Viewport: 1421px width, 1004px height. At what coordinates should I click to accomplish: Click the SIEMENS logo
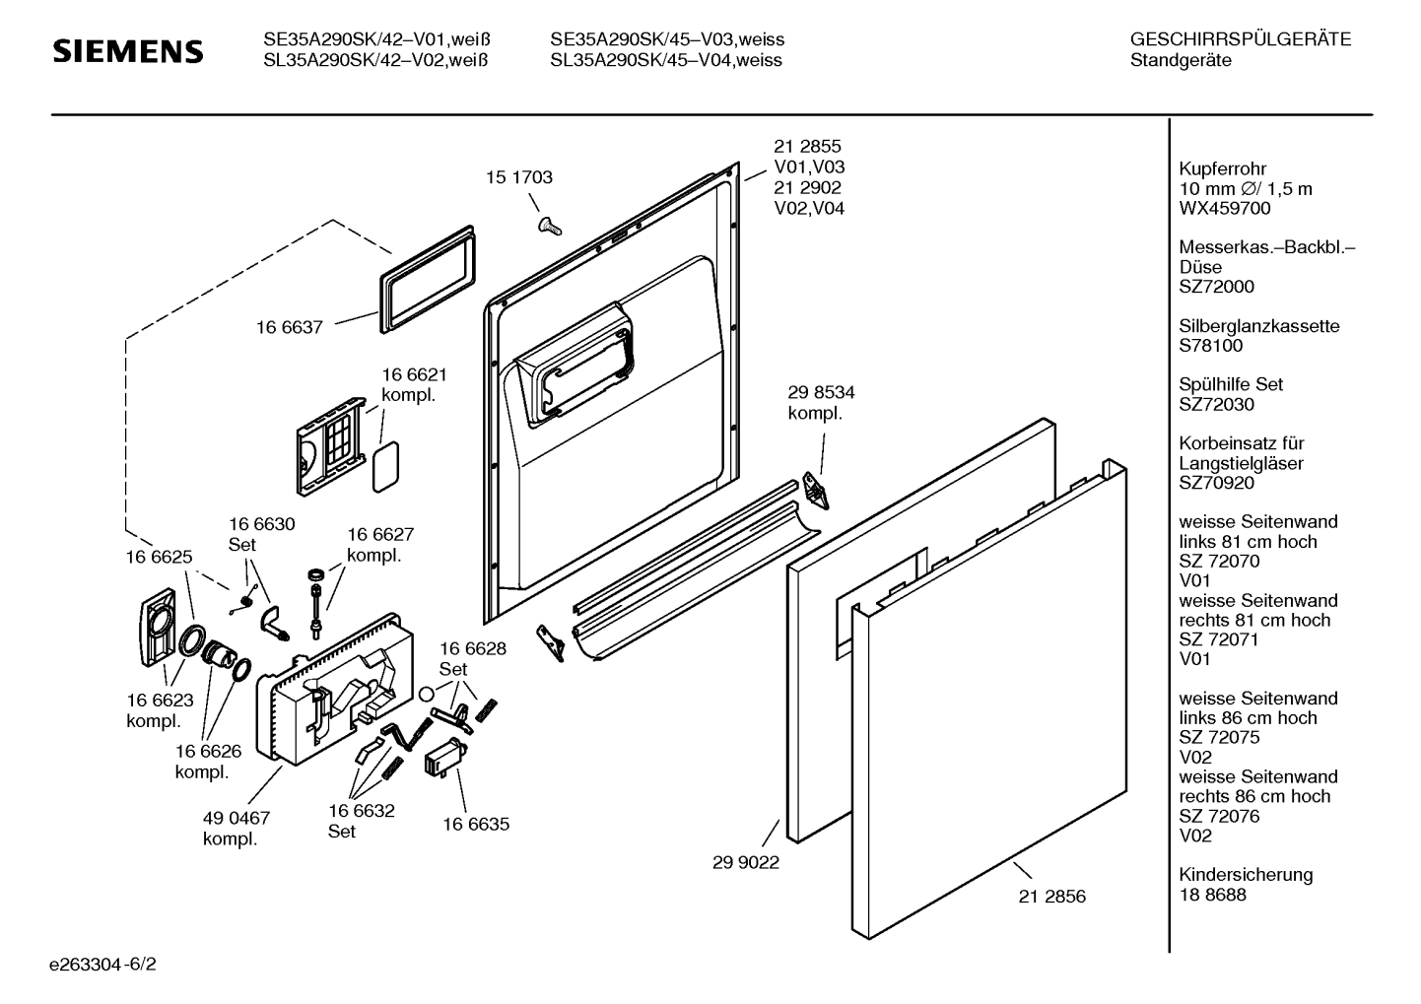point(127,51)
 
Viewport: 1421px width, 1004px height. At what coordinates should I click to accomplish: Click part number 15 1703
point(519,177)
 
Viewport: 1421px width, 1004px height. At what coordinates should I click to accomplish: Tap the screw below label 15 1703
point(548,226)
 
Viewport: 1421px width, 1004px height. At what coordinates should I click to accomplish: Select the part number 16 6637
point(290,327)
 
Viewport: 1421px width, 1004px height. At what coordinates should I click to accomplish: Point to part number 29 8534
point(821,392)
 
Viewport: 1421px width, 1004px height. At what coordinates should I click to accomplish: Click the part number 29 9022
point(746,862)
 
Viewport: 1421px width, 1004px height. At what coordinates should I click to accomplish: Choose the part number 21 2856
point(1051,896)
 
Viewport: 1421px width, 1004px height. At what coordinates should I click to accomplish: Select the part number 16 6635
point(476,824)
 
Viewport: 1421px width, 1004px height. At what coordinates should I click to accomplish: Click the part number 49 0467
point(237,818)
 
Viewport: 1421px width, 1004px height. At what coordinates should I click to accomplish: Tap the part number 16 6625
point(159,557)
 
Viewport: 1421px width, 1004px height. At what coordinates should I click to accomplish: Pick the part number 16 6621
point(414,374)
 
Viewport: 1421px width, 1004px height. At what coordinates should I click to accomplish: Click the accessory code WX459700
point(1225,208)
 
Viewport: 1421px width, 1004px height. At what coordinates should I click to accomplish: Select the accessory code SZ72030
point(1216,404)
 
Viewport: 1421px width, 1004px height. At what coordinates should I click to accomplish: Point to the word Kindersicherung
point(1246,874)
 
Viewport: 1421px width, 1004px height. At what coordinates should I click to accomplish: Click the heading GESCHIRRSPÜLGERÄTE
point(1241,39)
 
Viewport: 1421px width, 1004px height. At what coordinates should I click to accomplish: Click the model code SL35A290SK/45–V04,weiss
point(666,60)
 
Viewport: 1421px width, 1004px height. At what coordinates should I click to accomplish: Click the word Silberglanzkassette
point(1258,326)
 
